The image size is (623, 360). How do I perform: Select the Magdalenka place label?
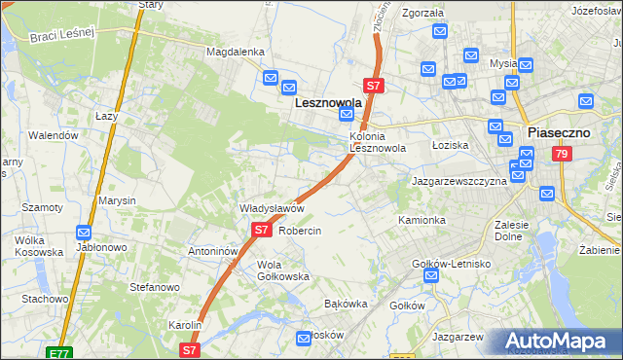coord(235,52)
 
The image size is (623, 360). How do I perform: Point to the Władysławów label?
coord(273,208)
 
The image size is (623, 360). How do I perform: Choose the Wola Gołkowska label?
coord(282,270)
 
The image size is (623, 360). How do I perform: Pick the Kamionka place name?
coord(421,220)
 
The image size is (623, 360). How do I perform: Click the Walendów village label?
coord(53,135)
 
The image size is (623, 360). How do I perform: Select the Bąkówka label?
coord(345,304)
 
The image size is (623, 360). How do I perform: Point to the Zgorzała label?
coord(421,14)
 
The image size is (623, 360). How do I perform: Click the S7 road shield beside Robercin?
coord(261,231)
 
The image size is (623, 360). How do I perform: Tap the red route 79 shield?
coord(560,154)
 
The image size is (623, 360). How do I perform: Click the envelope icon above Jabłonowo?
coord(85,234)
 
